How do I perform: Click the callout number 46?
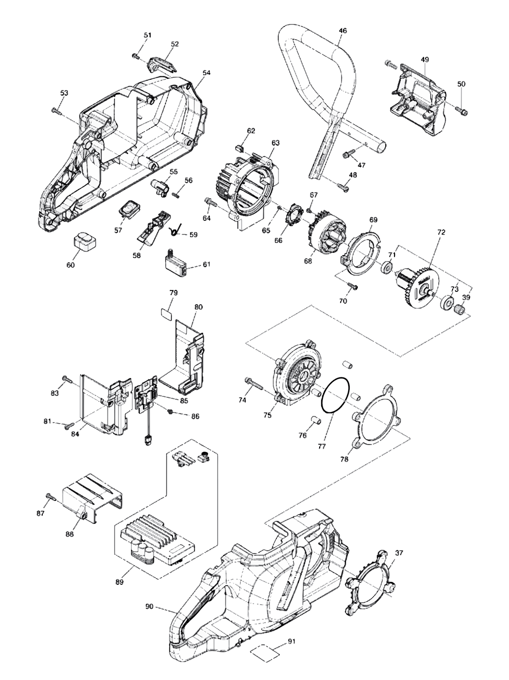(343, 31)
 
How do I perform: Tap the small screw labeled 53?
(56, 110)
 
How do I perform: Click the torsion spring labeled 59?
(175, 228)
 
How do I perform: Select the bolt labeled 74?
(253, 383)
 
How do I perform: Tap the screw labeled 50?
(461, 110)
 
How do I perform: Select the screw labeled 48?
(343, 187)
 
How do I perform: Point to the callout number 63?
(275, 143)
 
